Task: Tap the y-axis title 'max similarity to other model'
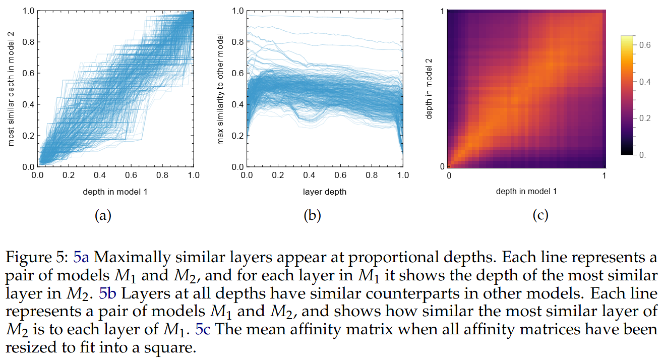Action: click(220, 89)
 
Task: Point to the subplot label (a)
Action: click(103, 216)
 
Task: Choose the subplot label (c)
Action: click(540, 216)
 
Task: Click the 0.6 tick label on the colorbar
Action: click(645, 45)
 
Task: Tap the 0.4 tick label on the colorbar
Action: click(645, 82)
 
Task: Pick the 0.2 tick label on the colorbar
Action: click(645, 118)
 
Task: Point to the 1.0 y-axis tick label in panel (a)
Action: click(28, 11)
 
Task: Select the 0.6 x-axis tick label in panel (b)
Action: click(341, 176)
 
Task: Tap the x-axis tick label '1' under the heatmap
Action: click(604, 176)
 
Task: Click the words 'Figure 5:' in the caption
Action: click(37, 258)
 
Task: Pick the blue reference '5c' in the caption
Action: click(204, 330)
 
